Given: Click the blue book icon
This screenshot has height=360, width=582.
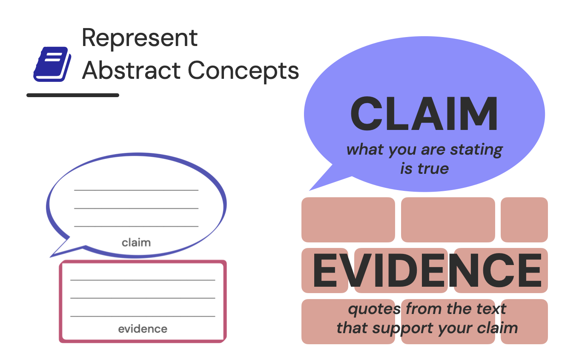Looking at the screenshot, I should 52,64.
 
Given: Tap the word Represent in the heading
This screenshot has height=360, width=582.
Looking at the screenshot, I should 140,38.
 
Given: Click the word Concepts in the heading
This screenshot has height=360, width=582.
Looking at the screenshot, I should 244,71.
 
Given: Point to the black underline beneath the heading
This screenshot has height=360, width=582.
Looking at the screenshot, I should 73,95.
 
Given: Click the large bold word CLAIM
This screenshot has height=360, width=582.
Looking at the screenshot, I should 424,114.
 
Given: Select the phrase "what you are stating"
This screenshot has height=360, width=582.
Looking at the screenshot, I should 424,150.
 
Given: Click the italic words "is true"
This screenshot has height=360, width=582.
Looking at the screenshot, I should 424,169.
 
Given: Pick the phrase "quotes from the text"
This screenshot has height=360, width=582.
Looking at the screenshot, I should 427,309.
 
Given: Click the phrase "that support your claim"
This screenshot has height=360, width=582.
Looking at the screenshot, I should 427,328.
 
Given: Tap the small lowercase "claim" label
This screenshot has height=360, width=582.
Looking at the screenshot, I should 136,243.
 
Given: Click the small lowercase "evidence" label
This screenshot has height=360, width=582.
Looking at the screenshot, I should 143,329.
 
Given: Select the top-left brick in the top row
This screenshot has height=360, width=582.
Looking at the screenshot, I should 348,219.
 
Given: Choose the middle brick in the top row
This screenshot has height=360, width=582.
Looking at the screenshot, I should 448,219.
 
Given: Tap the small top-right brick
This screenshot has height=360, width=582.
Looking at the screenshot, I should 524,219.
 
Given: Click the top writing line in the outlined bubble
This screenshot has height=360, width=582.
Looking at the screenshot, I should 136,190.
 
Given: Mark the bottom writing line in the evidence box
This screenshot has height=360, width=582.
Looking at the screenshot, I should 143,317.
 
